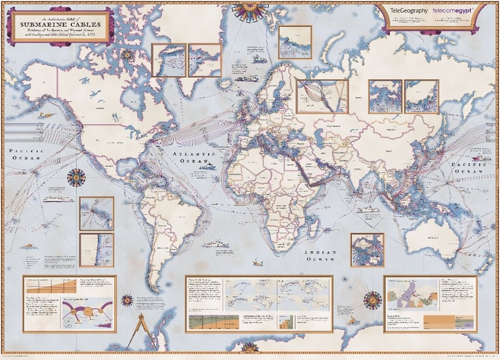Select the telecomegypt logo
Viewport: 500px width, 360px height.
(453, 11)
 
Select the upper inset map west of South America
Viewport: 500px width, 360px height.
(96, 213)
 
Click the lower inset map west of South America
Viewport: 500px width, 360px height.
(96, 249)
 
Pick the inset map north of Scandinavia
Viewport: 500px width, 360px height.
(294, 42)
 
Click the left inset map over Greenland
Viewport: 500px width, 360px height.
(169, 60)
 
